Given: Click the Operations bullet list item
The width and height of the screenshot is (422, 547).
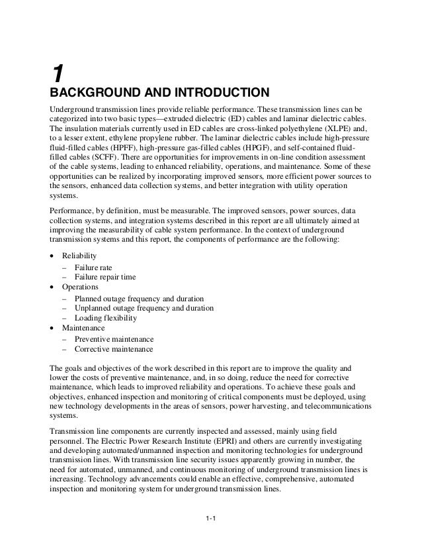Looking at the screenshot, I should click(x=80, y=287).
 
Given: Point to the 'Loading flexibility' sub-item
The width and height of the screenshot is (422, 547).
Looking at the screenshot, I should click(x=106, y=318).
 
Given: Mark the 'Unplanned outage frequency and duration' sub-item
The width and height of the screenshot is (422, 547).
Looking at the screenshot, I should click(x=144, y=308).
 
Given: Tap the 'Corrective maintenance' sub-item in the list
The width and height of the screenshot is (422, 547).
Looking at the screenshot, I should click(x=114, y=349).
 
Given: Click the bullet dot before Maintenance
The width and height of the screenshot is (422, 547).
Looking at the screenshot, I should click(x=52, y=328).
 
